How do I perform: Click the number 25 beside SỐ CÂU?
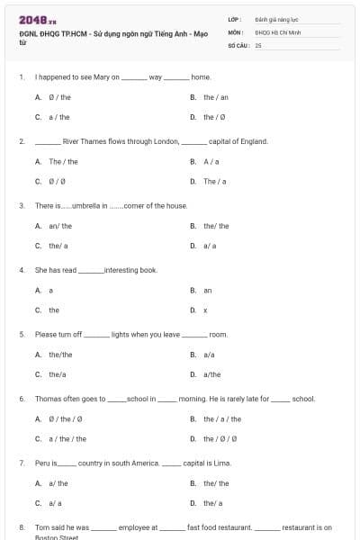258,43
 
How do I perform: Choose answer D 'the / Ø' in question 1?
208,117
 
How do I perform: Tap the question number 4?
22,269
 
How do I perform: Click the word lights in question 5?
122,334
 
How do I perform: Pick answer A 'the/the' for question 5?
60,354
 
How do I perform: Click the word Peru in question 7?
42,463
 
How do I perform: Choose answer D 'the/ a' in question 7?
212,503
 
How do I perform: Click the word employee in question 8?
134,527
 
